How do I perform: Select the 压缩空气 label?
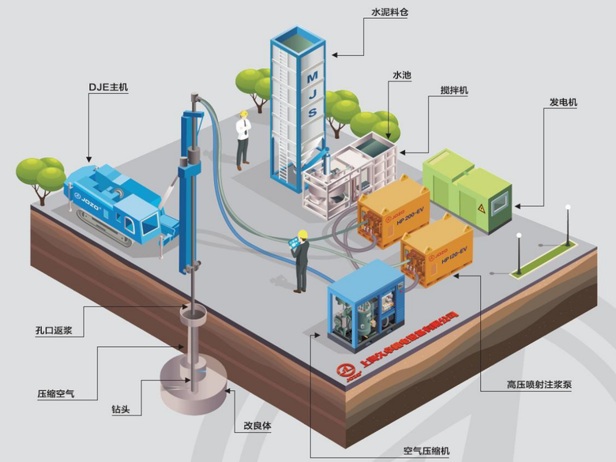point(55,393)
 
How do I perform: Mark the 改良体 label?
point(257,425)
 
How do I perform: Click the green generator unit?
point(468,190)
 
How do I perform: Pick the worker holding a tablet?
point(300,261)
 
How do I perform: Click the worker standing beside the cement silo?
point(243,138)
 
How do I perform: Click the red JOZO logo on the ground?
point(345,371)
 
